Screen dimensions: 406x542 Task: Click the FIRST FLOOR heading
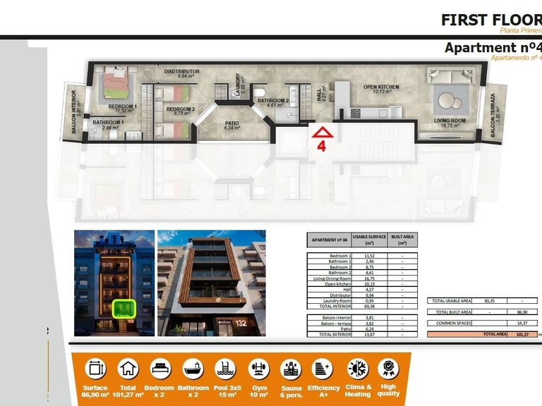tap(490, 19)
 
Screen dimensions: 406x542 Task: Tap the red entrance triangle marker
tap(322, 132)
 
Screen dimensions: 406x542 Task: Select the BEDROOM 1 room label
tap(122, 108)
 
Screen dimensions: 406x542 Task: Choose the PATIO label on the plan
tap(232, 124)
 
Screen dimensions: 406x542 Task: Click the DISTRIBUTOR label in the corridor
tap(181, 73)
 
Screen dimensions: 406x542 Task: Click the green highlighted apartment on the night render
tap(124, 308)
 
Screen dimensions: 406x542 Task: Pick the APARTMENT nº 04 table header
tap(328, 240)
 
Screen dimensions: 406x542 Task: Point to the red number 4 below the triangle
tap(321, 147)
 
